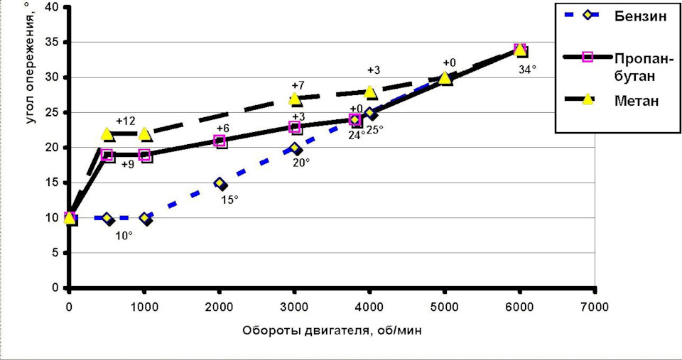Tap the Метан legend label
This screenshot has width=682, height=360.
tap(637, 101)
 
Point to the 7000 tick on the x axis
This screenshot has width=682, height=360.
tap(594, 306)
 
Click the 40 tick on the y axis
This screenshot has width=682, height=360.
tap(51, 7)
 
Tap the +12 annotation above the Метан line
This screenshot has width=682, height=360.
tap(126, 121)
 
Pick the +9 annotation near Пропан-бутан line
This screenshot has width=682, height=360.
tap(128, 165)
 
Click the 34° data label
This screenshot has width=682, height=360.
tap(526, 70)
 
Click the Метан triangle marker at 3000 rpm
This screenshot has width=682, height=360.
tap(295, 99)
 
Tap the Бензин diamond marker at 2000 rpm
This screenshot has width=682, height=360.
tap(221, 183)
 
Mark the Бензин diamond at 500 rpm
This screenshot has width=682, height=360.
tap(107, 219)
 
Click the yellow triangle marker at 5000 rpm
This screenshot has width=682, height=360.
tap(445, 78)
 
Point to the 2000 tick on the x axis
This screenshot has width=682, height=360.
tap(219, 306)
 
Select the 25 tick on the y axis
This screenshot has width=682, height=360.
tap(51, 113)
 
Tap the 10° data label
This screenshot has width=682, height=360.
tap(124, 235)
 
